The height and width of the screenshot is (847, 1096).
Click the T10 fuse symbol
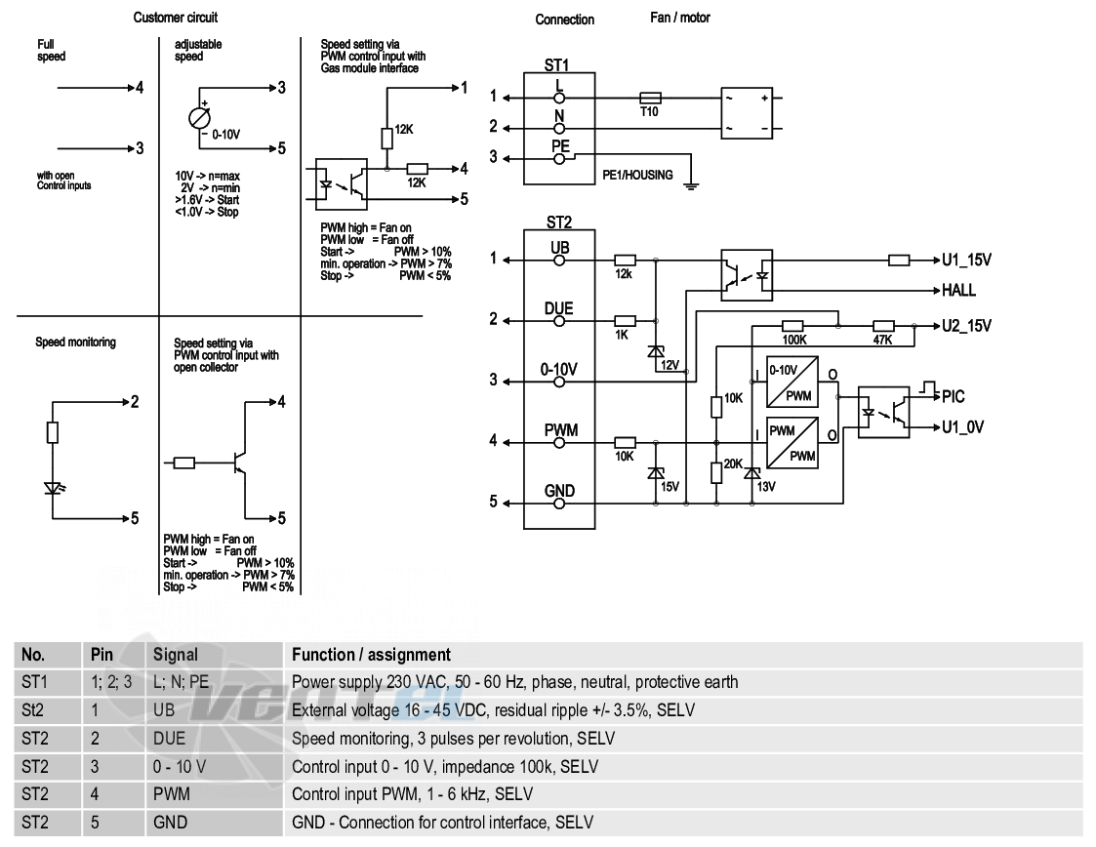[x=650, y=98]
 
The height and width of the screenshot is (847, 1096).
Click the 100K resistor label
[x=794, y=341]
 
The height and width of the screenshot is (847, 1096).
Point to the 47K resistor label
[x=883, y=341]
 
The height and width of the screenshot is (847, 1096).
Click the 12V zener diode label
[x=670, y=365]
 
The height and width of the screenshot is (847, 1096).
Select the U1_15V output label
[x=967, y=260]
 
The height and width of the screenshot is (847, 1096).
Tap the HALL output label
[x=958, y=290]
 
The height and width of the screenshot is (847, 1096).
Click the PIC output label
[x=954, y=397]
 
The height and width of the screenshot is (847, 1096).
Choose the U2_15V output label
[x=967, y=326]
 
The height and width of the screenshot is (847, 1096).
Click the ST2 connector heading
[x=559, y=222]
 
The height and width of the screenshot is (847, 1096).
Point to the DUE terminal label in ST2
[x=558, y=308]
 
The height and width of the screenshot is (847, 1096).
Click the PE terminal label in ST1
[x=560, y=146]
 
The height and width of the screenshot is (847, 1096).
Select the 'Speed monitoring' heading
[x=75, y=342]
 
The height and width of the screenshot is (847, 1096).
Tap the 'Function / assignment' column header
[x=371, y=655]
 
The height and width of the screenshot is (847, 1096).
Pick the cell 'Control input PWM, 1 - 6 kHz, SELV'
[x=413, y=794]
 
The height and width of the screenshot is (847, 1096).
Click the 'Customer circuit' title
[x=176, y=18]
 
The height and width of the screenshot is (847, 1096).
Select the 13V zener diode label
[x=766, y=486]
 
